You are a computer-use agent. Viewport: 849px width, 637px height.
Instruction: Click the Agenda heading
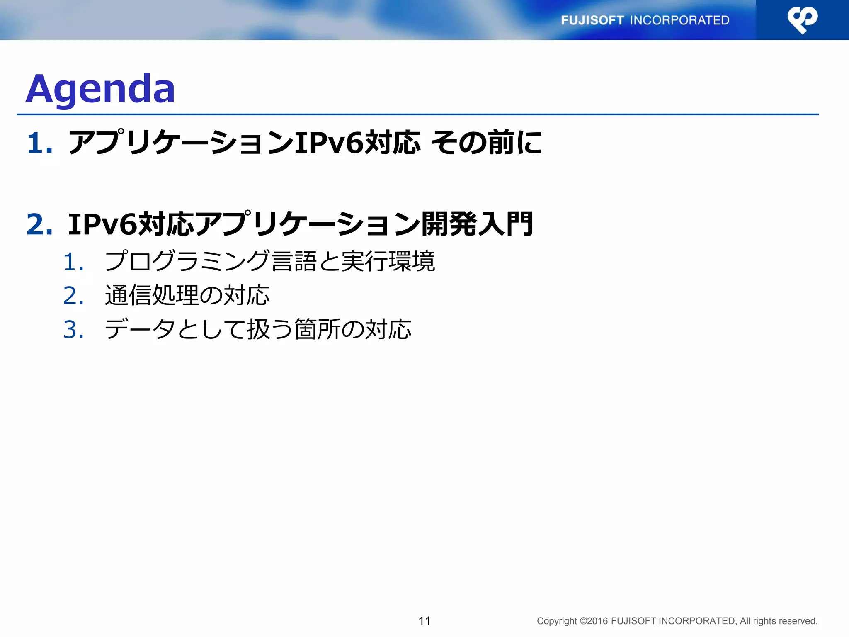100,89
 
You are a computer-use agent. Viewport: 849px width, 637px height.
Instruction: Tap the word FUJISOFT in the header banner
592,20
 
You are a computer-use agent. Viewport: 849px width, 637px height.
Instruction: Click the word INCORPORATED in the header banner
679,20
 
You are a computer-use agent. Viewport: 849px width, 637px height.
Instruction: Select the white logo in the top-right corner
802,19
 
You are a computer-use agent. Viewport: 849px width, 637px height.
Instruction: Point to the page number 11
424,621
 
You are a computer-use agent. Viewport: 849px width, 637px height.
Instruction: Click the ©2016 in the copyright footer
594,621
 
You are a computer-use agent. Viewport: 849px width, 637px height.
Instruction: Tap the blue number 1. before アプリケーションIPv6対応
40,143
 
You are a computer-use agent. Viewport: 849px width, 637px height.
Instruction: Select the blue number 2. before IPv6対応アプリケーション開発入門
40,224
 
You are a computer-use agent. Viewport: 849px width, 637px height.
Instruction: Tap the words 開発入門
477,224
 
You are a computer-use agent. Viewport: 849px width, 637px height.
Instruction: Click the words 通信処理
152,295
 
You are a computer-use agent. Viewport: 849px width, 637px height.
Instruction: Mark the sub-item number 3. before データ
74,330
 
